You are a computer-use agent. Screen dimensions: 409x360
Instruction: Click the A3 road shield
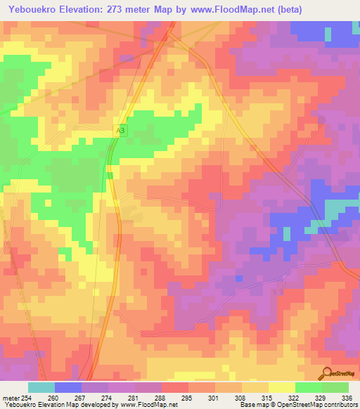tap(120, 131)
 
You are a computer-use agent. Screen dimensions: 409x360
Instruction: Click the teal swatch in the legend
tap(41, 387)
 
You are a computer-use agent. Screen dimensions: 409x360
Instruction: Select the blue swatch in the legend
tap(68, 387)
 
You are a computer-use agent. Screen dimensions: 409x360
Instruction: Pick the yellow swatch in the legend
tap(282, 387)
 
